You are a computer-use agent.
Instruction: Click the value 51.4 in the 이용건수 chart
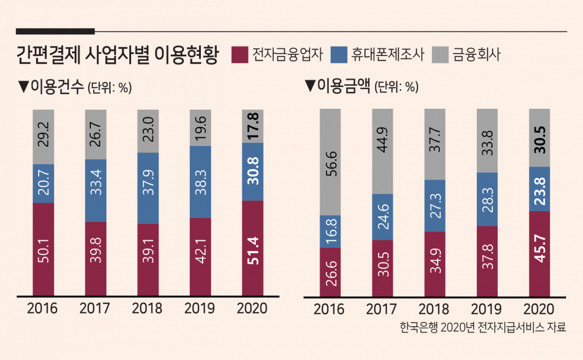tap(253, 251)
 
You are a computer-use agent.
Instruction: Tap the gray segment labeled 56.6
tap(330, 162)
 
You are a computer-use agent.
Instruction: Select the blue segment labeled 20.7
tap(43, 184)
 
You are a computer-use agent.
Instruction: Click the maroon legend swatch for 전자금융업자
tap(240, 55)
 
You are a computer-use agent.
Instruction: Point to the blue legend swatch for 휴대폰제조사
tap(339, 55)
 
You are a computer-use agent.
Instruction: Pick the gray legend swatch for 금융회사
tap(440, 55)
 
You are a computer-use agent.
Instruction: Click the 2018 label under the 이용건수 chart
tap(147, 309)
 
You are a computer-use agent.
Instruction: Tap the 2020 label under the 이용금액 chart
tap(539, 309)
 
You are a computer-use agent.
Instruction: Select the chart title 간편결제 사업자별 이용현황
tap(118, 55)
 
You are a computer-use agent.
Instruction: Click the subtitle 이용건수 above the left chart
tap(57, 86)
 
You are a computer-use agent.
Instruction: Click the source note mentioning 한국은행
tap(483, 327)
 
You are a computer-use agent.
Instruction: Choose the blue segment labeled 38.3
tap(200, 182)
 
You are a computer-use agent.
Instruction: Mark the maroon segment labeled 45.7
tap(540, 254)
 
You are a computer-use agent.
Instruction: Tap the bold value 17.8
tap(253, 127)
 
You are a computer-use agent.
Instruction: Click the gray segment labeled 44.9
tap(383, 152)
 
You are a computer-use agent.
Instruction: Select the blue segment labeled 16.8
tap(330, 232)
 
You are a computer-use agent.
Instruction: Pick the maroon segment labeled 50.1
tap(43, 249)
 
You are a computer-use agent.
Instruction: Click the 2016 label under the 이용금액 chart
tap(329, 309)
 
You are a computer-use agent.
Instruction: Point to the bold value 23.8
tap(540, 191)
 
